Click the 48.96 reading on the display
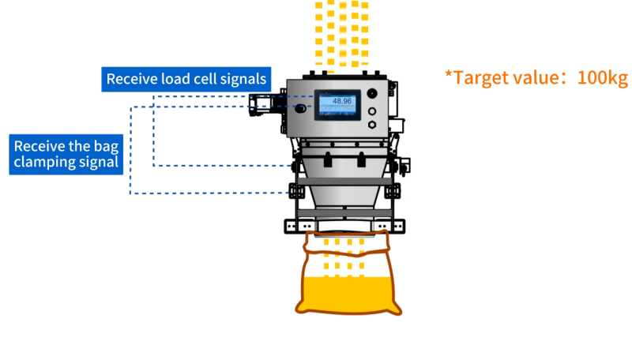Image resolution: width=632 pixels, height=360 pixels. [342, 101]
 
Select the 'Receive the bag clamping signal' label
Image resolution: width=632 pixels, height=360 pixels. [66, 154]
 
